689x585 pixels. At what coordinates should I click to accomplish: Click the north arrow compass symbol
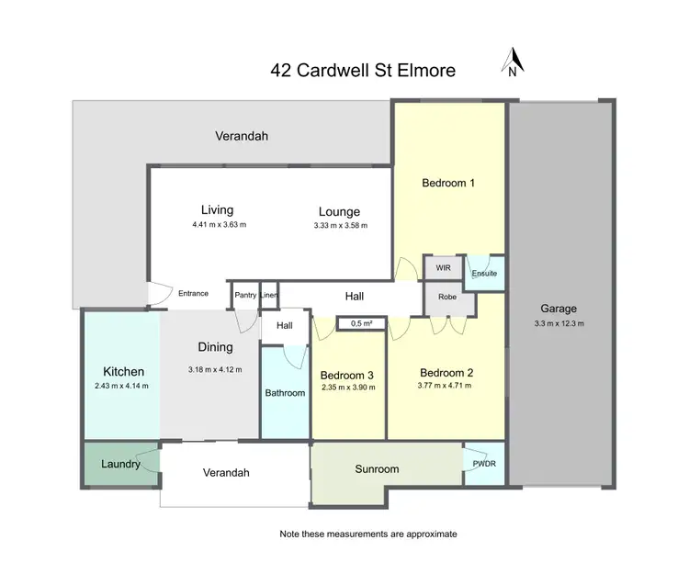click(513, 62)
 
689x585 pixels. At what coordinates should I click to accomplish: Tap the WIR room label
click(443, 267)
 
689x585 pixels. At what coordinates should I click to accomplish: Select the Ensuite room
click(484, 273)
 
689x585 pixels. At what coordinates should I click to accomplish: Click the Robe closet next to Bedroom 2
click(448, 298)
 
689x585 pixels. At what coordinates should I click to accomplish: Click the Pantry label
click(244, 295)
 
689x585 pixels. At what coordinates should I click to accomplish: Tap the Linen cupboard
click(268, 295)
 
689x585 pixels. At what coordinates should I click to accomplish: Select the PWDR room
click(483, 465)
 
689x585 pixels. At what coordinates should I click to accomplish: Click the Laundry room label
click(120, 465)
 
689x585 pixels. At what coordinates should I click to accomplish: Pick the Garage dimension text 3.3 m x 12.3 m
click(559, 323)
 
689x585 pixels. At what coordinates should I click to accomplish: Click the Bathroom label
click(285, 393)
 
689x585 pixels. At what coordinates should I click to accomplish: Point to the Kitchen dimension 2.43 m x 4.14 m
click(121, 386)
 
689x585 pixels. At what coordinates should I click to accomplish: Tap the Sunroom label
click(377, 469)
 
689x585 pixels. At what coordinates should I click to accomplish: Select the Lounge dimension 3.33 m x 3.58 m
click(340, 225)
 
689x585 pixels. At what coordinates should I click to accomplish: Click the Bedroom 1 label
click(448, 183)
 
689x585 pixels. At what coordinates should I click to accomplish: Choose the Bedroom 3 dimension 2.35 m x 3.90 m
click(348, 387)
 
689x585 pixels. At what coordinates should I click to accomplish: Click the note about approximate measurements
click(367, 534)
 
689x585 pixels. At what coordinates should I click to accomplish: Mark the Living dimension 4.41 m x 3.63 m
click(219, 224)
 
